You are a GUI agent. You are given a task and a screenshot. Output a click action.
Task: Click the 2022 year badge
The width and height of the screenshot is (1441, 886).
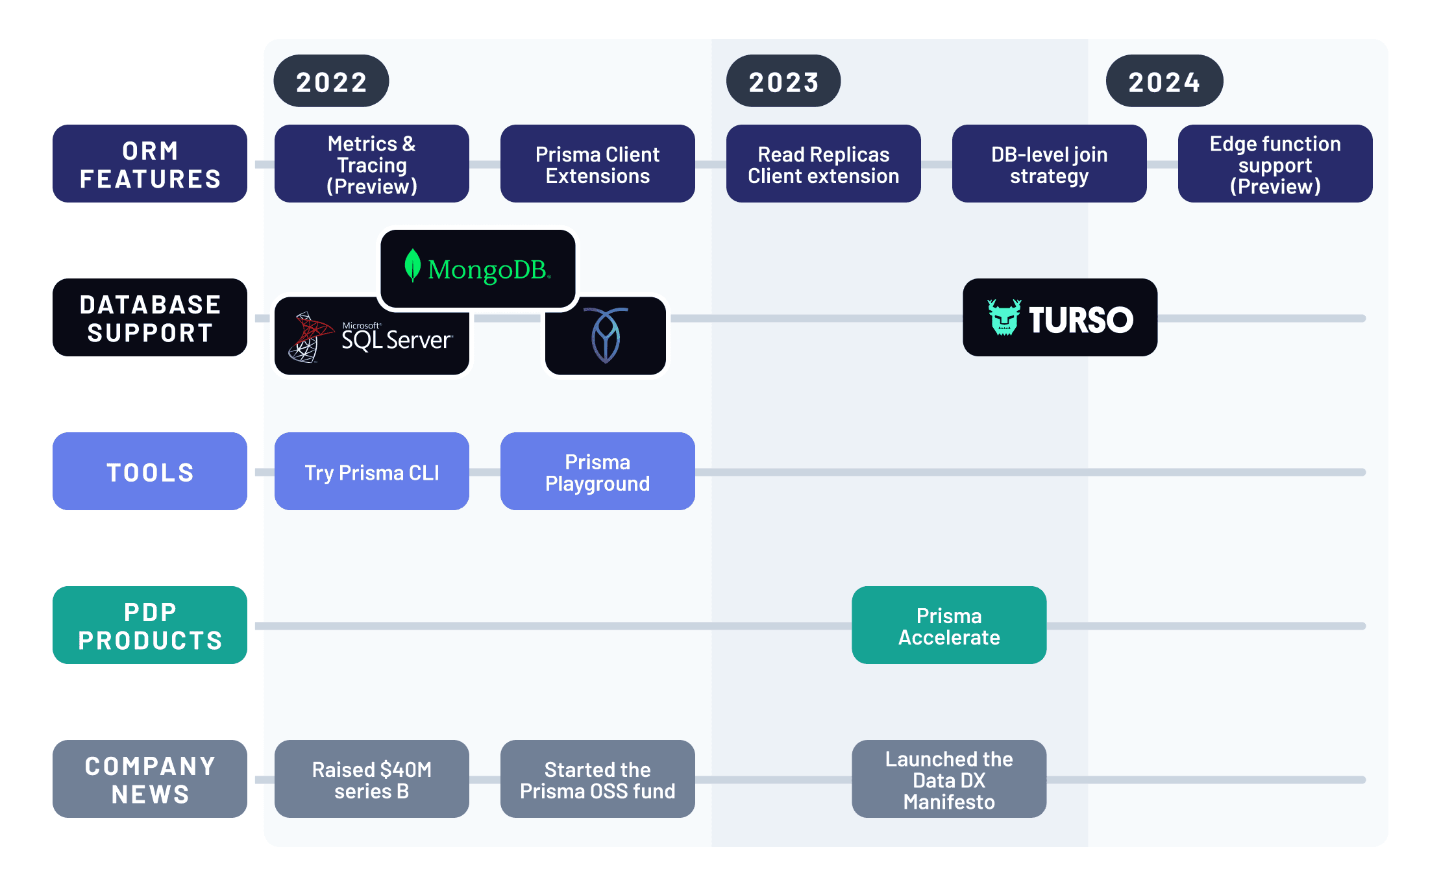tap(331, 81)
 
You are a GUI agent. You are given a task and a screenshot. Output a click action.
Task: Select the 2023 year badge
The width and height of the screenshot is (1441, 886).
tap(783, 81)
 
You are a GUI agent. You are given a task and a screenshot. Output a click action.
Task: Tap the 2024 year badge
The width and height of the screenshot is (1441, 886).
tap(1164, 81)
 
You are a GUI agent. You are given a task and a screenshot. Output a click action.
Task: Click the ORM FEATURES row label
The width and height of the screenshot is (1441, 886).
tap(150, 164)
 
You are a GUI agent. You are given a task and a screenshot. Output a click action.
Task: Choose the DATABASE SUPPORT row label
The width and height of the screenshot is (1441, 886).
tap(150, 318)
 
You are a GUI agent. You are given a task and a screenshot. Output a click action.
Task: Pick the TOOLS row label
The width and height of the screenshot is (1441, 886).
tap(150, 472)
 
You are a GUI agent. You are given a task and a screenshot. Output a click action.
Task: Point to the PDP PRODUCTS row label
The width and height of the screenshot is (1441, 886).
tap(150, 626)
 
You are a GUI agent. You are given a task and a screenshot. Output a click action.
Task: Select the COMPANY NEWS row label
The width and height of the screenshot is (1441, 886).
tap(150, 780)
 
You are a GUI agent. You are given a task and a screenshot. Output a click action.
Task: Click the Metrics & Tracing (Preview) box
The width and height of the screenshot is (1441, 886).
tap(372, 164)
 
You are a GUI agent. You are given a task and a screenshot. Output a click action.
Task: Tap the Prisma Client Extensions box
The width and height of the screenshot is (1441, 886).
tap(597, 164)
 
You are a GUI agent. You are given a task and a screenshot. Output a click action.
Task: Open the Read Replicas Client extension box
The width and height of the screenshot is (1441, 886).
tap(823, 164)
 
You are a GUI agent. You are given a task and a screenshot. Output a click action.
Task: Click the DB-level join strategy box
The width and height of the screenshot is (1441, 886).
tap(1049, 164)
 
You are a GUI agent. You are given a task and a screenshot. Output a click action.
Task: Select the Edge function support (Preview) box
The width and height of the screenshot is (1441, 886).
tap(1275, 164)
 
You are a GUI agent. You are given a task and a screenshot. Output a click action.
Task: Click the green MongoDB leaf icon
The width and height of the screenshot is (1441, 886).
tap(412, 265)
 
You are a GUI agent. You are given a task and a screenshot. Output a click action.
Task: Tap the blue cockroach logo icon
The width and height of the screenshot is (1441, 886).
tap(606, 336)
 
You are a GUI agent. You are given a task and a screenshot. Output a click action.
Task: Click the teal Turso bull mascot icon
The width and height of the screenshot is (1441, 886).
tap(1004, 317)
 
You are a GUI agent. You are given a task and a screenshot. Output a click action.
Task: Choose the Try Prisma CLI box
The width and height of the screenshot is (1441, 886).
tap(372, 472)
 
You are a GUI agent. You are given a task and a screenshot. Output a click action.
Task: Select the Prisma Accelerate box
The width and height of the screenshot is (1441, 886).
tap(949, 626)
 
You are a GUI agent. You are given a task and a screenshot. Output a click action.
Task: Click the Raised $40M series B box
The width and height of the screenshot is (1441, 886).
tap(372, 780)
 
